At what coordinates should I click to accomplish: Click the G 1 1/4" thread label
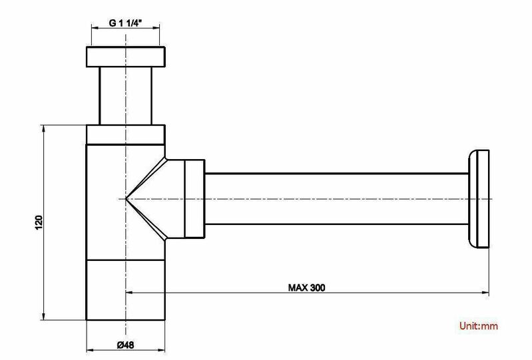point(125,23)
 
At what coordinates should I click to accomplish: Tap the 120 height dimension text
point(39,222)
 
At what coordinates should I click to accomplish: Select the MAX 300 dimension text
point(306,287)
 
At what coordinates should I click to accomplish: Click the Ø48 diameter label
point(126,345)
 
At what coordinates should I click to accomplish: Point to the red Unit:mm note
point(479,326)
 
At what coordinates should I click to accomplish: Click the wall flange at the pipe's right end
point(479,199)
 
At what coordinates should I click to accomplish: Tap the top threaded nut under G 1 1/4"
point(126,57)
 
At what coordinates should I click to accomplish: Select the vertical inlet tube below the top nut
point(126,96)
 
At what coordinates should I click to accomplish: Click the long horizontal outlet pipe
point(337,199)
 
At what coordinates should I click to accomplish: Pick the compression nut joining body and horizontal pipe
point(194,199)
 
